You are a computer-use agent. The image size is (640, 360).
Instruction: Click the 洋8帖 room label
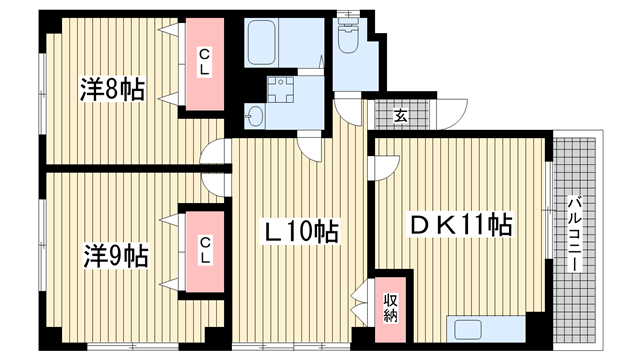[112, 89]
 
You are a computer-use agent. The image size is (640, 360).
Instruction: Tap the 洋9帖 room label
[116, 256]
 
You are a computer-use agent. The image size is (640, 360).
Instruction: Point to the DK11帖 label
[461, 224]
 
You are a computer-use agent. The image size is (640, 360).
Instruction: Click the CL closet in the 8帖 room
[205, 64]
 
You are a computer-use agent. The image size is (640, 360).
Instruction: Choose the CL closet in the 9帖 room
[205, 252]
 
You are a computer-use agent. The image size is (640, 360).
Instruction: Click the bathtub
[262, 42]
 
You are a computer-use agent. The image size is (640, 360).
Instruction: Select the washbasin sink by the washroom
[255, 116]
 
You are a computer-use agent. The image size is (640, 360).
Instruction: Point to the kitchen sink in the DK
[468, 329]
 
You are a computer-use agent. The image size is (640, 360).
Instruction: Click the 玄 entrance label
[400, 116]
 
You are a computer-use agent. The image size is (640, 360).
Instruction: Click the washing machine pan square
[280, 90]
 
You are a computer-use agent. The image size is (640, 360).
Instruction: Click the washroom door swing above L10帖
[310, 147]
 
